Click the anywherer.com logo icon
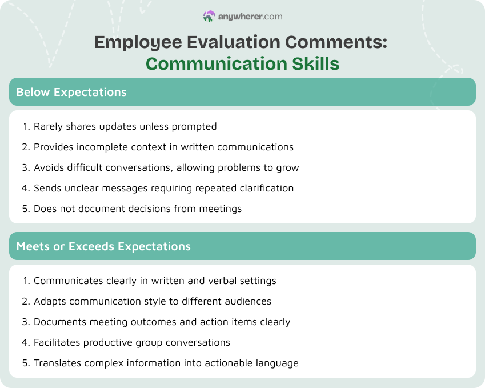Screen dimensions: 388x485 click(x=209, y=17)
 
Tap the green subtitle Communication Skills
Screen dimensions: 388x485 click(x=242, y=63)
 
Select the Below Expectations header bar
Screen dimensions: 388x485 click(x=242, y=92)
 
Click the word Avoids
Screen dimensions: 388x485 click(x=48, y=167)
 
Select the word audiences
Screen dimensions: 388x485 click(x=249, y=301)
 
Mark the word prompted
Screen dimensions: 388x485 click(x=194, y=126)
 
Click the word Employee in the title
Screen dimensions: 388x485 click(x=130, y=42)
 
